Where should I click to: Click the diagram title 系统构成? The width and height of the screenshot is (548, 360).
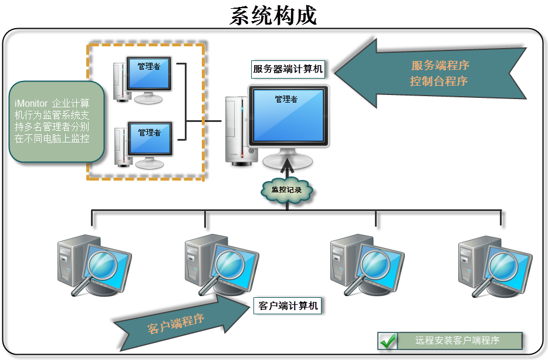(x=273, y=16)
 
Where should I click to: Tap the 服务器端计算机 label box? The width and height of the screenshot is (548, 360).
(x=288, y=69)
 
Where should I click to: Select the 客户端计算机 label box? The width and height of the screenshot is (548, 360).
(x=288, y=305)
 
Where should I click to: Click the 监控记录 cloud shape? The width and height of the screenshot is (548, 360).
(x=286, y=190)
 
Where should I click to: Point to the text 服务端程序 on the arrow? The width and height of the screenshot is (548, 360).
(x=440, y=65)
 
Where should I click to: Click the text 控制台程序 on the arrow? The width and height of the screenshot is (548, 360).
(x=439, y=81)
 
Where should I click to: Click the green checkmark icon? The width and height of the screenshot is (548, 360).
(x=387, y=340)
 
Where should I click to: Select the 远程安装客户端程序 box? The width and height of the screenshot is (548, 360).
(x=459, y=340)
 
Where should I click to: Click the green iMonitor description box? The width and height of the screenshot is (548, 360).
(x=57, y=122)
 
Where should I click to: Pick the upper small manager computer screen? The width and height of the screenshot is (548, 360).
(x=150, y=74)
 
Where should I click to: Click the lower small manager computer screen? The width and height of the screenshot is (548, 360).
(x=150, y=140)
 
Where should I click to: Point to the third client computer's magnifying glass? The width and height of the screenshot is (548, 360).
(x=373, y=263)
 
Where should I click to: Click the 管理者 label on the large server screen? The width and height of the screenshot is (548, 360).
(x=286, y=99)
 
